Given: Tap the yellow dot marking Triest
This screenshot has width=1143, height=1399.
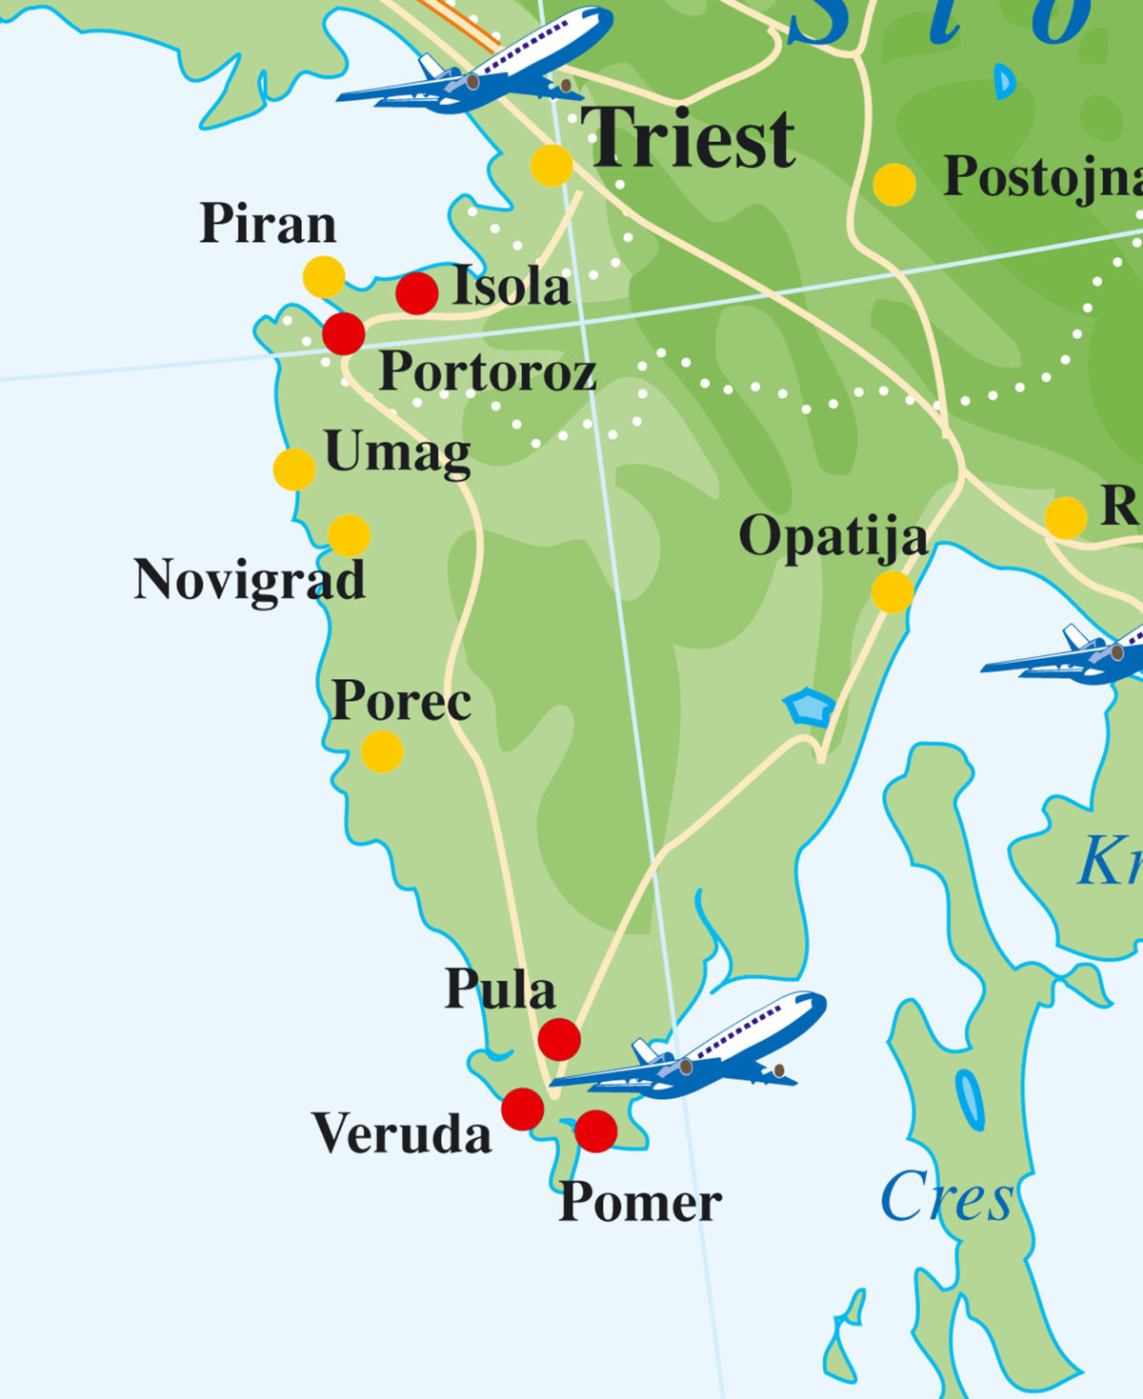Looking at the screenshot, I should point(551,166).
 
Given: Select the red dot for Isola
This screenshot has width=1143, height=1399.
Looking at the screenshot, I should point(416,293).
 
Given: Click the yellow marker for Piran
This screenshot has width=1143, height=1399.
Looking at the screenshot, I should point(324,277).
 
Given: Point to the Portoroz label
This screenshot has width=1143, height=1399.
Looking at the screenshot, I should point(487,371).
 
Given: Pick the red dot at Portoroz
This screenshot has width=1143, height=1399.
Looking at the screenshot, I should point(344,333).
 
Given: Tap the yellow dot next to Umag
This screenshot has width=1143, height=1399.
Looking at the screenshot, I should point(294,470).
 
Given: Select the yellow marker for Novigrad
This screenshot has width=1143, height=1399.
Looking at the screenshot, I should point(349,536).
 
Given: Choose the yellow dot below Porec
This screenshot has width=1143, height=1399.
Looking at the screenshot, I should point(382,751).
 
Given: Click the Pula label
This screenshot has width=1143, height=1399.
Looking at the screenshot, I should point(500,989).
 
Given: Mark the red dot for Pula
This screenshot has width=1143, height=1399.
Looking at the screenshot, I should point(559,1039).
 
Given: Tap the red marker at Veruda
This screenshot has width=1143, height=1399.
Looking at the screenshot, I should point(522,1109).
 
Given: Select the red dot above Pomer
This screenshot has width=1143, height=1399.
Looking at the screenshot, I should point(596,1130).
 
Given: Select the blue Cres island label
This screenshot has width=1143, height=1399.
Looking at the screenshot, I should point(947,1197).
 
